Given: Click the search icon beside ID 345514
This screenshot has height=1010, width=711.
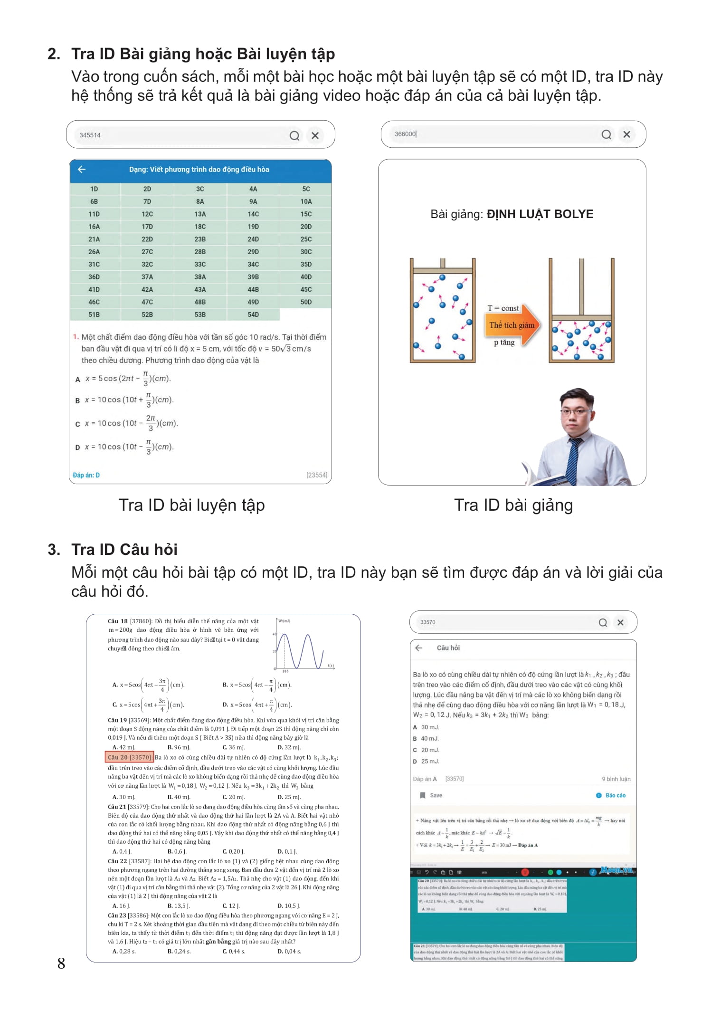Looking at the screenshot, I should pyautogui.click(x=294, y=136).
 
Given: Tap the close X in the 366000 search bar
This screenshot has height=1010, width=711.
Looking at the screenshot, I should pyautogui.click(x=626, y=134).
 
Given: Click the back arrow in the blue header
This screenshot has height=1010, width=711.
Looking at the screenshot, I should pyautogui.click(x=82, y=170).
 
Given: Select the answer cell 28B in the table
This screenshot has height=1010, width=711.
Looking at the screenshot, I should pyautogui.click(x=200, y=252).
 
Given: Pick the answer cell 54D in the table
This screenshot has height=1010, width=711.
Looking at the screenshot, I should pyautogui.click(x=253, y=314).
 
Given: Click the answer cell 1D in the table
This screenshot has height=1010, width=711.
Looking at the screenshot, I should pyautogui.click(x=94, y=189).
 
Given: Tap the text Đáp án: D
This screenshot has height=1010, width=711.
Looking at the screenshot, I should pyautogui.click(x=86, y=475).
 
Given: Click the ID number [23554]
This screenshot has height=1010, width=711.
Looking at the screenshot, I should pyautogui.click(x=316, y=475).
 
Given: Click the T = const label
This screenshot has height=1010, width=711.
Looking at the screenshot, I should pyautogui.click(x=503, y=308).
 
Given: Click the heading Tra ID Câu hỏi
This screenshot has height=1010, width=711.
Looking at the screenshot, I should pyautogui.click(x=124, y=550).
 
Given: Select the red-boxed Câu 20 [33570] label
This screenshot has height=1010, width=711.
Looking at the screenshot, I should pyautogui.click(x=129, y=757).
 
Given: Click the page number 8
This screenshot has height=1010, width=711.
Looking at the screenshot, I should pyautogui.click(x=61, y=963).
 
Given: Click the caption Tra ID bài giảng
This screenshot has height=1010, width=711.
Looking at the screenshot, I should pyautogui.click(x=513, y=505).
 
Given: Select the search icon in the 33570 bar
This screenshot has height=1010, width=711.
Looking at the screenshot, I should pyautogui.click(x=603, y=623).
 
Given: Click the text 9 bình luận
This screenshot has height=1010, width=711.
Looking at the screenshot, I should pyautogui.click(x=616, y=779).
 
